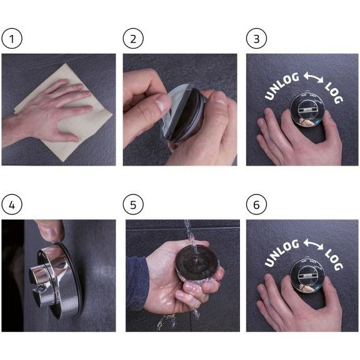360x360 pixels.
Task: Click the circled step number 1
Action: point(12,38)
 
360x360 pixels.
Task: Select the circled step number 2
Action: point(133,38)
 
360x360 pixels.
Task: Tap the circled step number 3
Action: point(256,38)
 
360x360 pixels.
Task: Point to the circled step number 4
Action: point(12,204)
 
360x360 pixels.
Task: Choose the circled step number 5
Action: point(133,204)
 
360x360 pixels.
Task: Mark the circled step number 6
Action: point(256,204)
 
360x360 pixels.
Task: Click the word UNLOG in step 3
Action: point(281,86)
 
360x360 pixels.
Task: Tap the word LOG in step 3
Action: point(334,92)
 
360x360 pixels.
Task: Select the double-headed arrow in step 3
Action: point(313,77)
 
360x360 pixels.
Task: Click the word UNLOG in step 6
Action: point(281,252)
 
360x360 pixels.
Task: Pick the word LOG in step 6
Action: point(334,259)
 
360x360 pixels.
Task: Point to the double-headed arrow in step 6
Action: point(313,244)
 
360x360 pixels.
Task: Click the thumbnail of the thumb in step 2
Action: point(162,102)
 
